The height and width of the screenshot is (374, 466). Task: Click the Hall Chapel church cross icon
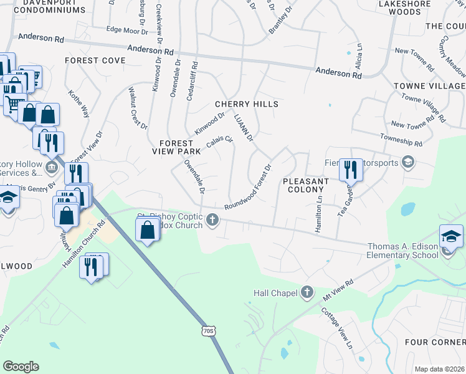point(307,292)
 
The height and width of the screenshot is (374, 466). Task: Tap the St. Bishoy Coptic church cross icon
point(213,219)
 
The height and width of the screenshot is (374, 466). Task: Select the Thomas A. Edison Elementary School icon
point(450,237)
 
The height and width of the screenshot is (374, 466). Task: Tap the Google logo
point(21,367)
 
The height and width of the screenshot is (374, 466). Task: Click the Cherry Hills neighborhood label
point(247,104)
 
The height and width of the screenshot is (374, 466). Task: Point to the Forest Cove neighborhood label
point(95,60)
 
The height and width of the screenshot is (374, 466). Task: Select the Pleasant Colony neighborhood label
point(305,186)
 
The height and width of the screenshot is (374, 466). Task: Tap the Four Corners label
point(435,342)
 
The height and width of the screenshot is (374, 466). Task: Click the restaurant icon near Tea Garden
point(351,169)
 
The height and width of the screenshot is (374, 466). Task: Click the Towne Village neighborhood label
point(429,85)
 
